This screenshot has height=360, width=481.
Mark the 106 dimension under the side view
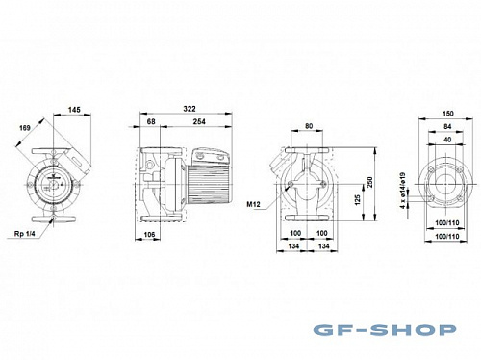click(x=149, y=234)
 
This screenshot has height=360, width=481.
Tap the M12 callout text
click(x=254, y=204)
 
